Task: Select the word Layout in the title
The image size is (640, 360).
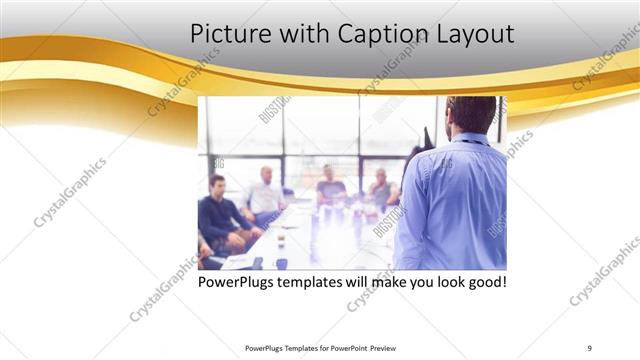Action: point(476,35)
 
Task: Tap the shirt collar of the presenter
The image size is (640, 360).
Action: point(468,138)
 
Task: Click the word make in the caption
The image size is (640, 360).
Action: point(392,282)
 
